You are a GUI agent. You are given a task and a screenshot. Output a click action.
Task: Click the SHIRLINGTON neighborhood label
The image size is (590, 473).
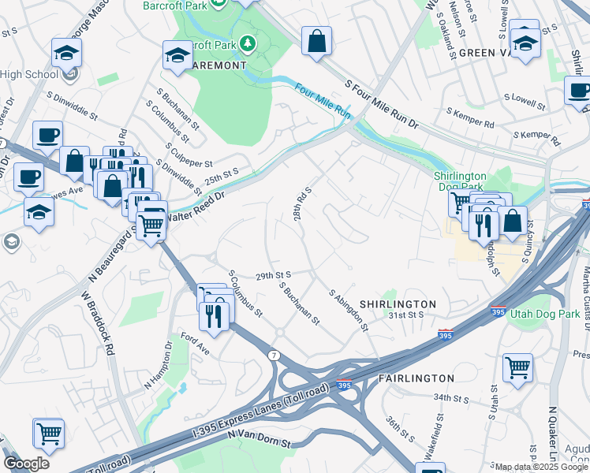coord(398,304)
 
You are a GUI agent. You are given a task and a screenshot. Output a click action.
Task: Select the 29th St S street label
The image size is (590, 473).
coord(274,275)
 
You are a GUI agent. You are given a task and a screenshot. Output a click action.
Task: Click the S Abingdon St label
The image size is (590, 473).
coord(349,310)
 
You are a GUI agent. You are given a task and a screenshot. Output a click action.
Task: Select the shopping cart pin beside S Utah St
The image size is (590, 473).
coord(517,366)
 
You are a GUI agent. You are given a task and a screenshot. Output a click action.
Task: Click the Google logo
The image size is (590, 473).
coord(26,463)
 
